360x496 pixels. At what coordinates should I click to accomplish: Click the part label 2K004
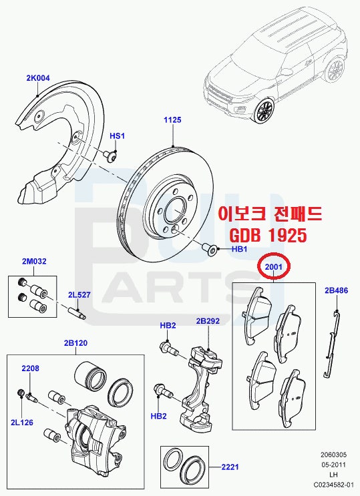(38, 78)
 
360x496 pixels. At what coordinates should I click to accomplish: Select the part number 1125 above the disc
(173, 120)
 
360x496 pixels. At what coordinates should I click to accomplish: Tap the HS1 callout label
(117, 136)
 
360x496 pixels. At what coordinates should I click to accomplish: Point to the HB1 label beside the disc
(239, 249)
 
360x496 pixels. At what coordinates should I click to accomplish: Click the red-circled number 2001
(275, 267)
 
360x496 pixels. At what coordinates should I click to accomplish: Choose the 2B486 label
(336, 290)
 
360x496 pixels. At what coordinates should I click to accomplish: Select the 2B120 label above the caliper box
(76, 343)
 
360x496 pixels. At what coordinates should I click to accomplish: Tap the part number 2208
(30, 368)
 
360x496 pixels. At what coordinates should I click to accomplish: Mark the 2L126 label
(19, 423)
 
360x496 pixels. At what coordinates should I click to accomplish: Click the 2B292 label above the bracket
(208, 321)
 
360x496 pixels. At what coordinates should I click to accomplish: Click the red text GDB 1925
(269, 236)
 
